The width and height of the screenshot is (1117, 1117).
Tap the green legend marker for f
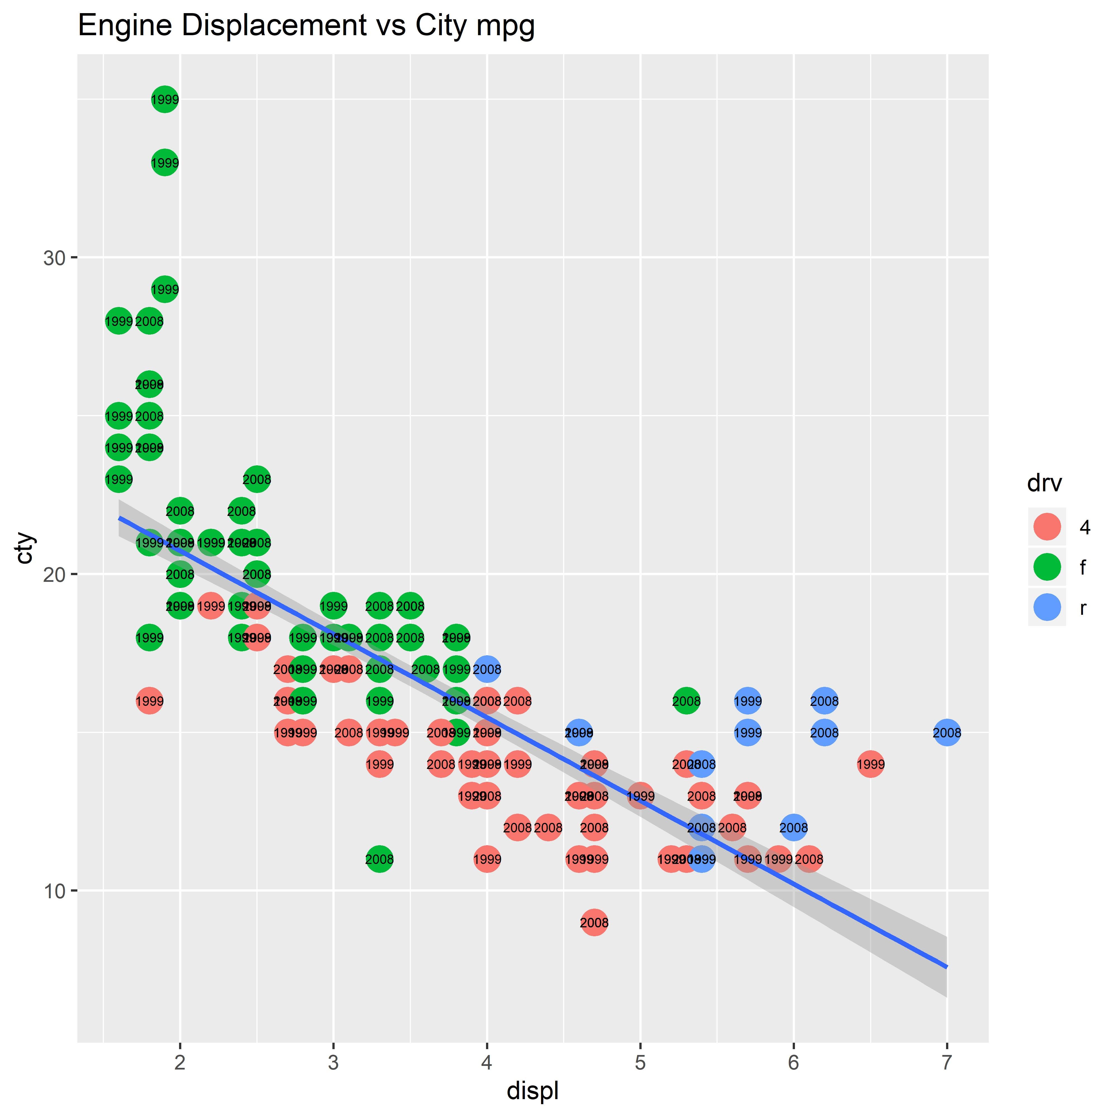1046,567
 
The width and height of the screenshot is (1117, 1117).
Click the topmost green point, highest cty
165,99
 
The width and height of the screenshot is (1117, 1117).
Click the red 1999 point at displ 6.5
870,764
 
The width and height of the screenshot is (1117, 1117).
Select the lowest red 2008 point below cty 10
594,923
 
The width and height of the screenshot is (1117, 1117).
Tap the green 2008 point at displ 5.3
686,701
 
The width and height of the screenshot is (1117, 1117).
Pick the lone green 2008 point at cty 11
379,859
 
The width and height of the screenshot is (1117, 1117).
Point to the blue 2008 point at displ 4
487,670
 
